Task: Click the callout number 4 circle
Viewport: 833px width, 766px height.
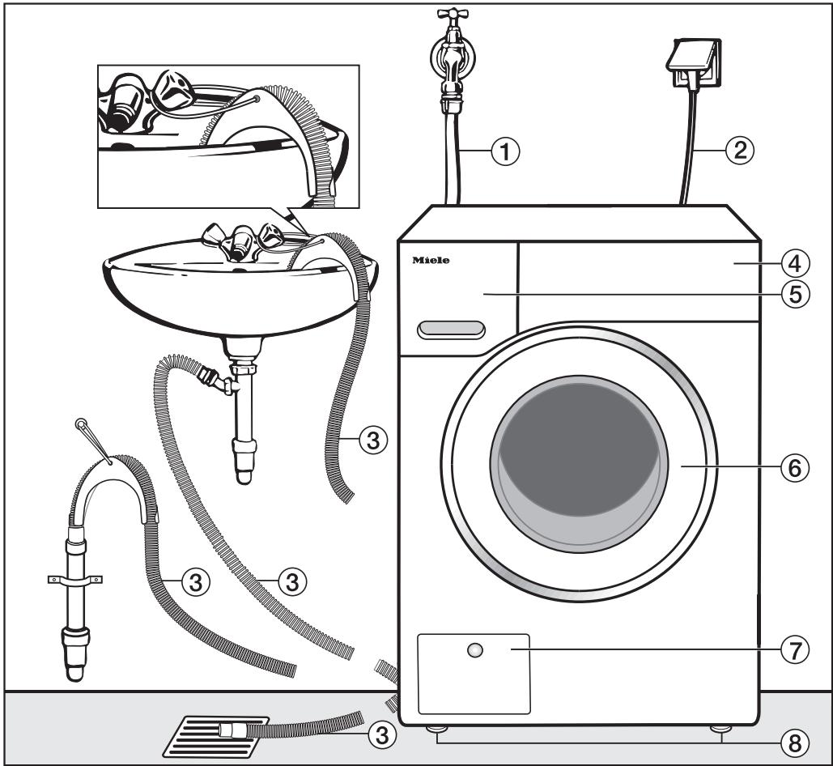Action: pyautogui.click(x=797, y=263)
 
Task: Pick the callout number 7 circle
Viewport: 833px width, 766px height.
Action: pyautogui.click(x=797, y=649)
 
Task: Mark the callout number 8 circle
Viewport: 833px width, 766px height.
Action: pyautogui.click(x=797, y=743)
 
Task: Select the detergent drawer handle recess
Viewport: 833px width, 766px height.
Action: pyautogui.click(x=451, y=329)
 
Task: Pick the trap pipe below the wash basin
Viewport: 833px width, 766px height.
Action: pyautogui.click(x=241, y=421)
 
